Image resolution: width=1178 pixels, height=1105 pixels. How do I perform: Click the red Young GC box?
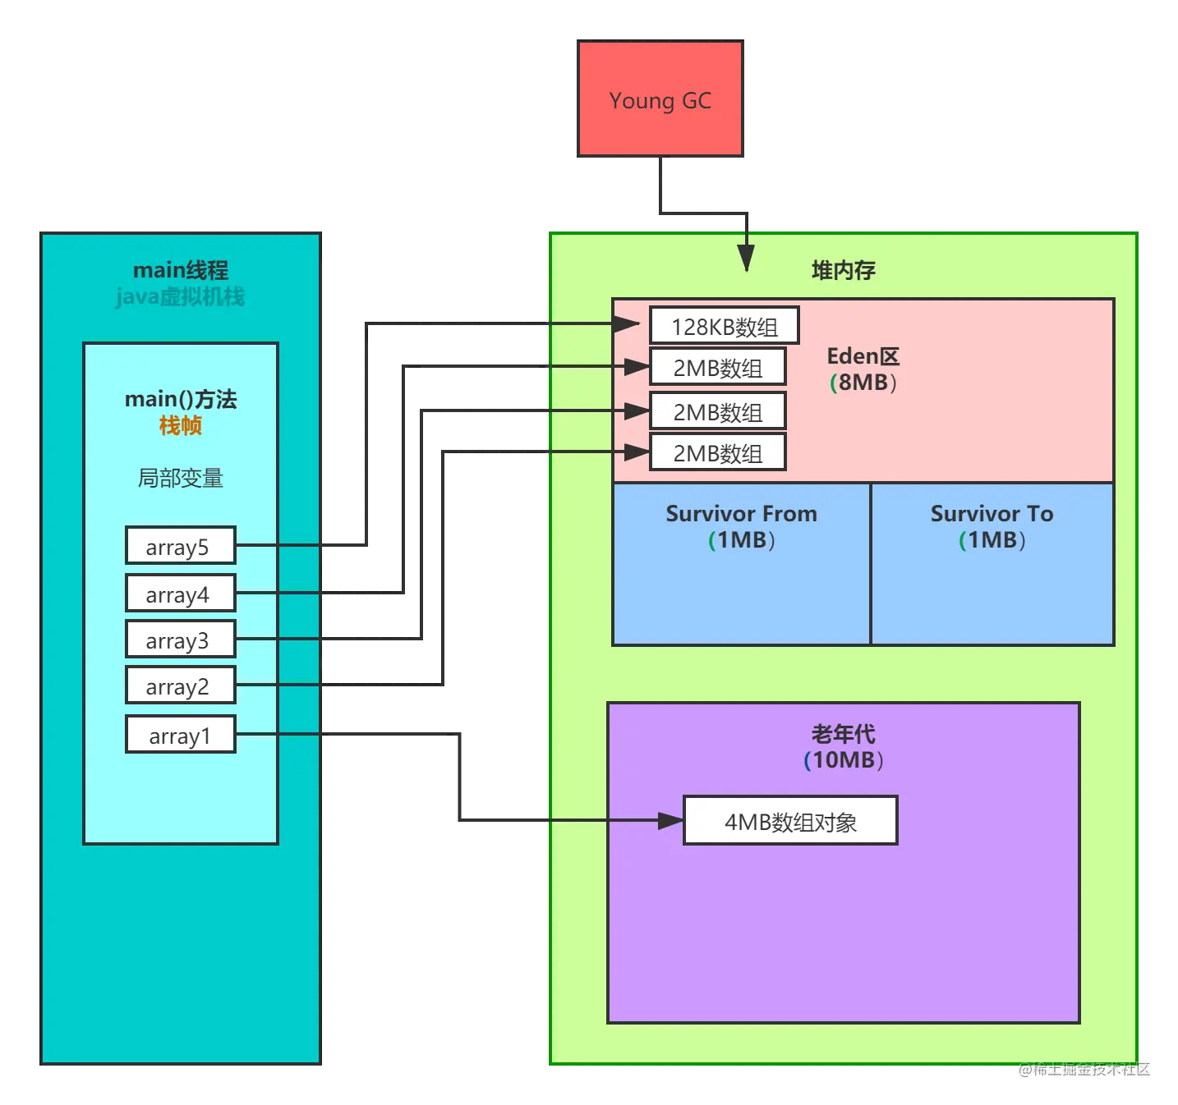pos(660,99)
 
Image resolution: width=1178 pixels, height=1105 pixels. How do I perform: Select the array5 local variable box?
pos(181,545)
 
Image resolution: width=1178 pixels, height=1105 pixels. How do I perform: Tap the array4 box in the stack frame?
pos(181,592)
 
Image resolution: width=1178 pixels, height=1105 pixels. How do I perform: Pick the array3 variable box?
pos(181,639)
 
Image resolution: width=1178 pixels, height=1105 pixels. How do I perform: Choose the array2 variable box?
pos(181,684)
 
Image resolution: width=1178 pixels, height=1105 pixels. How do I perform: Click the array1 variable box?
pos(181,733)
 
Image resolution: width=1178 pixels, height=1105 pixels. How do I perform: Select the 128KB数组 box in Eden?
pos(724,325)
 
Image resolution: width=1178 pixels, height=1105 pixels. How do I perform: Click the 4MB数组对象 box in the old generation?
pos(790,820)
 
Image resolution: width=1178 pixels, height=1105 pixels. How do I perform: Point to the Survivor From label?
pos(741,513)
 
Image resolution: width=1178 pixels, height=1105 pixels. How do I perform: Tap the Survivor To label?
pos(992,513)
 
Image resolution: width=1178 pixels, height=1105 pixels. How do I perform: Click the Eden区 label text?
pos(863,356)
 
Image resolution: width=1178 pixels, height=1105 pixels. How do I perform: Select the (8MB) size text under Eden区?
pos(863,383)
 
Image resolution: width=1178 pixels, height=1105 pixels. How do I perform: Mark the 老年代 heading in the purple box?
pos(843,734)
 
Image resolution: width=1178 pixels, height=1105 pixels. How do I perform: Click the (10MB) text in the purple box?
pos(843,759)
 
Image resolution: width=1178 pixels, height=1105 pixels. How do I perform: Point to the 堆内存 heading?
pos(843,270)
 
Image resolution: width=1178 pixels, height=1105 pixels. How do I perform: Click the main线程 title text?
pos(181,270)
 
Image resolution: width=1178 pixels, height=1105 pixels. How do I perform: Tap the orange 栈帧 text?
pos(181,425)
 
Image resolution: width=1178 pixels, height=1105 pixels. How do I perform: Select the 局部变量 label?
pos(181,478)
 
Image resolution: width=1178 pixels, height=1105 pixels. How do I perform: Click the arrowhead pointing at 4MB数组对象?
pos(671,820)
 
